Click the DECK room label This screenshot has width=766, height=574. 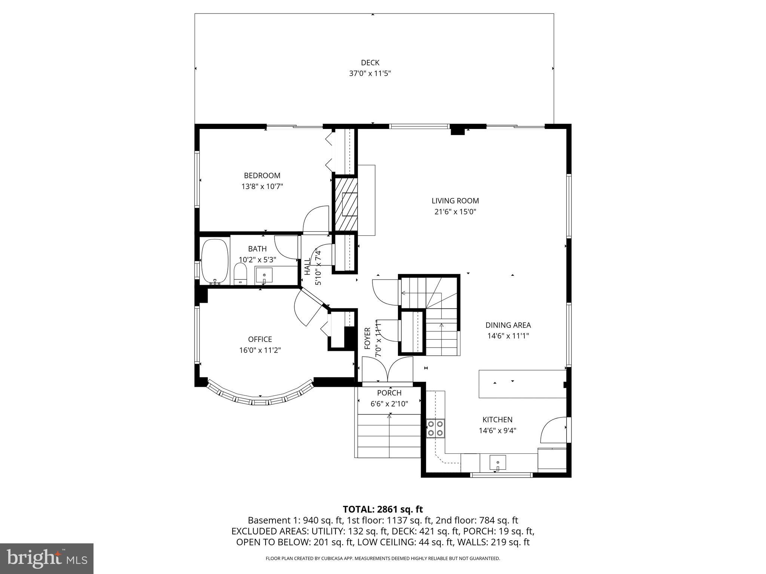click(x=370, y=63)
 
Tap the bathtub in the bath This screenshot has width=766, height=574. click(x=215, y=262)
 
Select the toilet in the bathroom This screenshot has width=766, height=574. click(x=240, y=274)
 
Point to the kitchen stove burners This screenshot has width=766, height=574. click(x=435, y=428)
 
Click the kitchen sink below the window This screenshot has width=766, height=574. click(x=497, y=463)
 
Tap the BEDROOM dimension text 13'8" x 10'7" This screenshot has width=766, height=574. click(x=262, y=186)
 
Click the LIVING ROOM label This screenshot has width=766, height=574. click(x=455, y=201)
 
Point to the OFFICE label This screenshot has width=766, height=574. click(x=260, y=339)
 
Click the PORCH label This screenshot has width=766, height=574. click(x=389, y=393)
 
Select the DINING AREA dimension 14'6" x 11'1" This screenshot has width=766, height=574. click(x=508, y=336)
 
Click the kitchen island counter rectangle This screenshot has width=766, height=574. click(x=522, y=384)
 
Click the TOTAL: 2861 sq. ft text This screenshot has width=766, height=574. click(x=383, y=509)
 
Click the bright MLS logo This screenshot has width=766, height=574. click(x=47, y=558)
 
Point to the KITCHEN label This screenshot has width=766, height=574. click(x=497, y=420)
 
